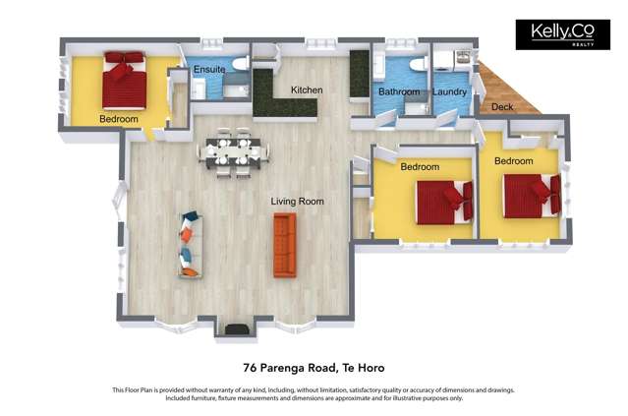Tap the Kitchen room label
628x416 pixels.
[x=306, y=90]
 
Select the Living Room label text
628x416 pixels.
[x=297, y=202]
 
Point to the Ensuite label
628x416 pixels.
[x=208, y=70]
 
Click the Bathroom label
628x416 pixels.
[x=399, y=92]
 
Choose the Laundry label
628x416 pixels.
[x=449, y=92]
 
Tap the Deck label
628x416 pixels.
[x=501, y=106]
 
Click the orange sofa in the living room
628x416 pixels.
[x=284, y=245]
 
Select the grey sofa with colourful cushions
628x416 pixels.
[x=189, y=244]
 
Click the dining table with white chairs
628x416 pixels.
[x=233, y=151]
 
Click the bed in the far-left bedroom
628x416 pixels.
[x=124, y=80]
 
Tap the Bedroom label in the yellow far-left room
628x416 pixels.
[x=118, y=119]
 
